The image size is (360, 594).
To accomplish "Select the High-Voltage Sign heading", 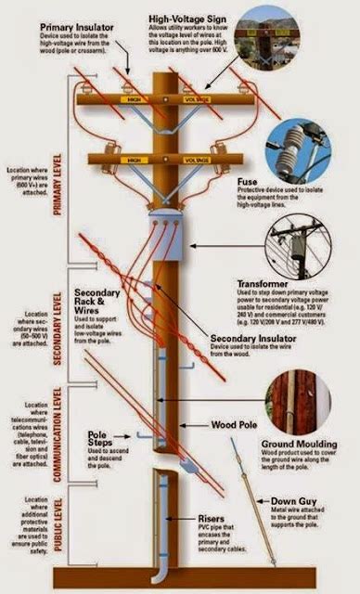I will (203, 19).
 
